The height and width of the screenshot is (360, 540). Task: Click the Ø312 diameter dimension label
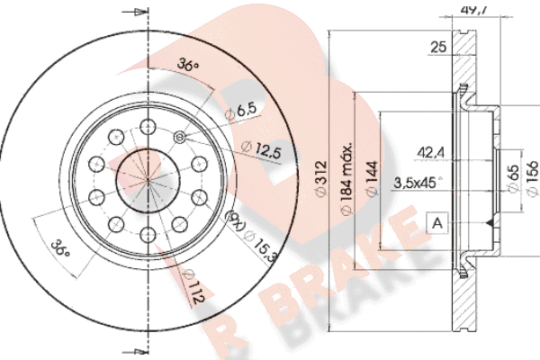tap(320, 178)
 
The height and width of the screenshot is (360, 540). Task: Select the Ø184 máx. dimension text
tap(346, 178)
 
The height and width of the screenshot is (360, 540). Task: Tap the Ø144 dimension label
tap(372, 178)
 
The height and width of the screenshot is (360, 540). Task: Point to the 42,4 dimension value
tap(431, 152)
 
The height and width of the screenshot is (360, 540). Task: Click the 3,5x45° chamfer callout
tap(418, 183)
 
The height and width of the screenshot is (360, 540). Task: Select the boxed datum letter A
tap(437, 223)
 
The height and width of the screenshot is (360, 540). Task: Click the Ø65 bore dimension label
tap(513, 178)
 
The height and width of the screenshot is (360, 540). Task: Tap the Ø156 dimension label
tap(533, 178)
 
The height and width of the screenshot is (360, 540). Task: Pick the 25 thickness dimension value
tap(438, 47)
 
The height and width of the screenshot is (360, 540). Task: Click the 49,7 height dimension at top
tap(474, 9)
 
